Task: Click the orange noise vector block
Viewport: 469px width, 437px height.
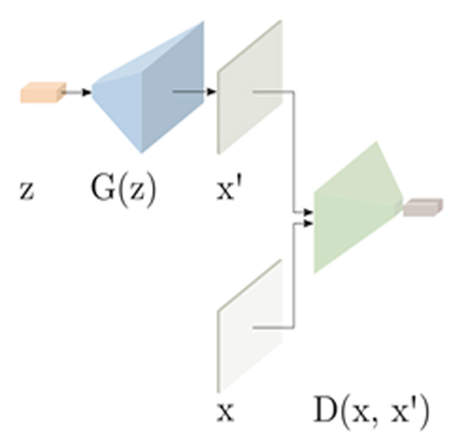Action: click(43, 93)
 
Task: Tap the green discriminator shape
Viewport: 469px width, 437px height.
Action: click(358, 207)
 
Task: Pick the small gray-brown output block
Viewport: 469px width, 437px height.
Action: click(423, 207)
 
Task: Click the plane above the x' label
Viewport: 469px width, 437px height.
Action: click(250, 87)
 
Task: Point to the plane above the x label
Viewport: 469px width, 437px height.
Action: click(250, 326)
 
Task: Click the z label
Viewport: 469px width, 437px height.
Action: click(27, 190)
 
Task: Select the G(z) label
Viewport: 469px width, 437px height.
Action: click(123, 190)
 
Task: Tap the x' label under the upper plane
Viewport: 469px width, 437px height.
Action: click(229, 189)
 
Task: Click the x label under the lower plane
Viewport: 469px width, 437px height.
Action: click(225, 412)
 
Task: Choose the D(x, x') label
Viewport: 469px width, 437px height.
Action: click(372, 412)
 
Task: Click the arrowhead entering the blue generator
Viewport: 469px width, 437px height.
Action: click(86, 93)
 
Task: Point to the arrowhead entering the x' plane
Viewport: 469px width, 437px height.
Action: click(212, 91)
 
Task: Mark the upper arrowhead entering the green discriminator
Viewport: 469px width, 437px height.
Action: click(308, 213)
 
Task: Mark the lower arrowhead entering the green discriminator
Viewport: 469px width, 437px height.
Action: click(308, 223)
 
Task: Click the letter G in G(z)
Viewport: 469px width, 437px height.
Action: click(102, 188)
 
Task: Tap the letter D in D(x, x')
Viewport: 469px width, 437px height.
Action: click(325, 409)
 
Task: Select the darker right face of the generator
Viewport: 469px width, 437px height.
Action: click(173, 87)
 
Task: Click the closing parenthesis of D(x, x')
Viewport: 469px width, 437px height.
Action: click(425, 412)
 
